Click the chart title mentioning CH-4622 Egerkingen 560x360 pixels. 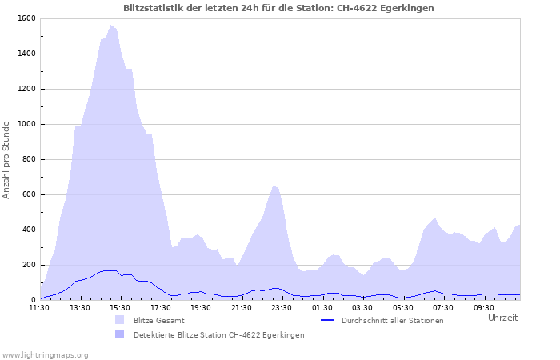(280, 7)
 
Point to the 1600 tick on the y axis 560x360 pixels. (26, 18)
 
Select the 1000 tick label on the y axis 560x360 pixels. (26, 124)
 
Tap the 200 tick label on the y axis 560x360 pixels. (28, 265)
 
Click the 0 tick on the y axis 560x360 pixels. (33, 300)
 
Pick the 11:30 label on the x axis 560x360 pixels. (39, 307)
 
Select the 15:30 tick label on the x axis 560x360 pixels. (119, 307)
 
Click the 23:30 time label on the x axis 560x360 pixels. (282, 307)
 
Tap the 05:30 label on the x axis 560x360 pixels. (403, 307)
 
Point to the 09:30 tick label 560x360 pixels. (484, 307)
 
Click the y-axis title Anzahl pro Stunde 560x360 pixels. (6, 160)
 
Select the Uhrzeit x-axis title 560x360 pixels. (502, 318)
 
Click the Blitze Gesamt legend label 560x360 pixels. (159, 320)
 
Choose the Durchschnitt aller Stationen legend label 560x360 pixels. (392, 320)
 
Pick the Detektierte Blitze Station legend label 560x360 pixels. (218, 334)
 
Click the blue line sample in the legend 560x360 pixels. (327, 320)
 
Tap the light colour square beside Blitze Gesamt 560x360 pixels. (120, 320)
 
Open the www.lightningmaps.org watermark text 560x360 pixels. (45, 354)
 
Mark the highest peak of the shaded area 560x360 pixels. (111, 26)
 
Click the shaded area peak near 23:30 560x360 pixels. (274, 186)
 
